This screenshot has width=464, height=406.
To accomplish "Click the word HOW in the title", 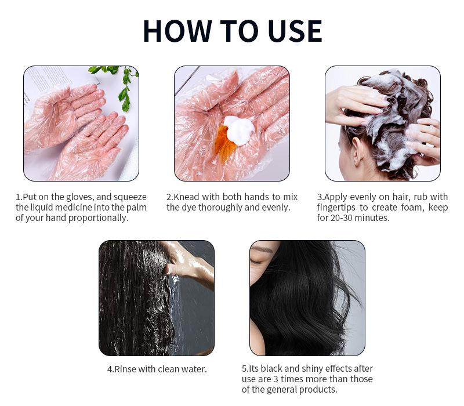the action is click(177, 31).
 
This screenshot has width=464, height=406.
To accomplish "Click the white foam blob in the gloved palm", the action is click(239, 130).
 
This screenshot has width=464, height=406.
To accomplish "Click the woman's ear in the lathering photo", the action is click(357, 151).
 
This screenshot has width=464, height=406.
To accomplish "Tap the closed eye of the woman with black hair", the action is click(256, 262).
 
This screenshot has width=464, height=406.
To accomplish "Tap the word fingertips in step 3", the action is click(336, 208).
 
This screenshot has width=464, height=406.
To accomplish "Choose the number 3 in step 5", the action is click(275, 379).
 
